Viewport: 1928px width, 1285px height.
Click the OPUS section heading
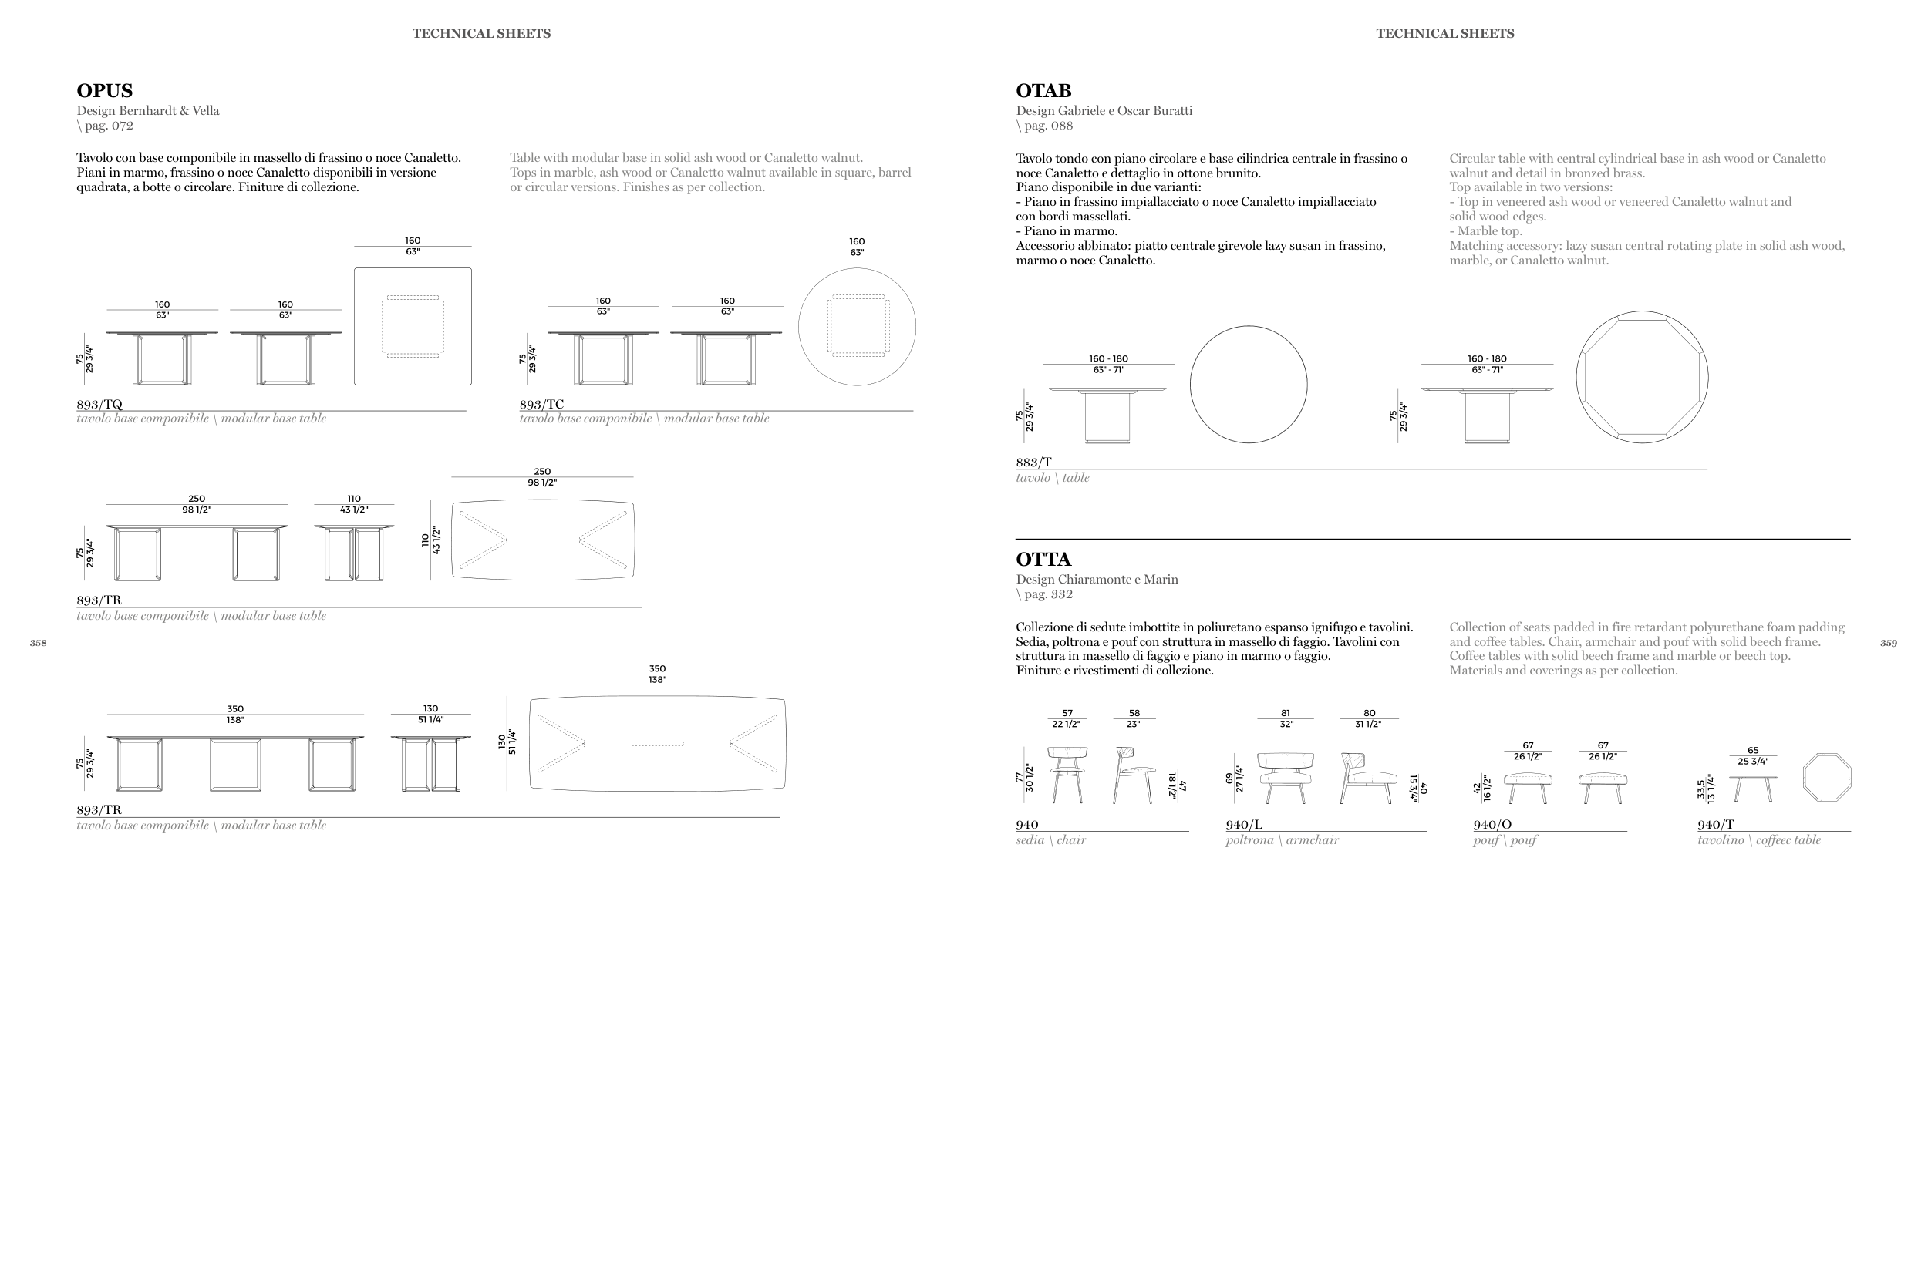104,91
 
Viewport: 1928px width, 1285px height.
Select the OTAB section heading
1043,91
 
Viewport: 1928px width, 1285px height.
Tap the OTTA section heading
1043,560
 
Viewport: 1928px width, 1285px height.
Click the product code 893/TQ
99,404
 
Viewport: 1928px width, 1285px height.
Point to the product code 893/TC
541,404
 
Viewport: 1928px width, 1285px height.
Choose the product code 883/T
1033,463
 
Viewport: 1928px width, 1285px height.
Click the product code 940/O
1492,825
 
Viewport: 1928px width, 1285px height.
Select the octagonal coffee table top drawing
1826,778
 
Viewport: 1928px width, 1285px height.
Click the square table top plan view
413,326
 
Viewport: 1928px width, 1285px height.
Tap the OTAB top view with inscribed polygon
1642,377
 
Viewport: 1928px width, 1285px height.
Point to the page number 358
38,643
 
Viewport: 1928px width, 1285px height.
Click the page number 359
1888,643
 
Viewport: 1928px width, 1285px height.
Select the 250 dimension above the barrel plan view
542,471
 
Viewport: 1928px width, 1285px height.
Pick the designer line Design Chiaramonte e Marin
1097,580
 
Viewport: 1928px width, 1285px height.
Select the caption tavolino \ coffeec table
1759,840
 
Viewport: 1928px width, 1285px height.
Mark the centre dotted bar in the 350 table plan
657,744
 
